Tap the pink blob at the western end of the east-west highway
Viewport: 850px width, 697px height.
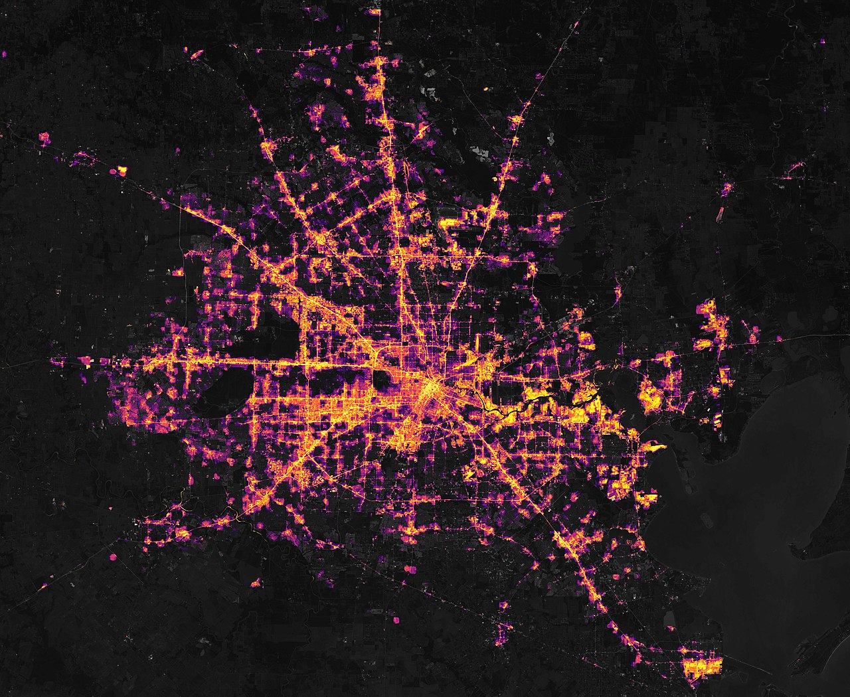pyautogui.click(x=85, y=361)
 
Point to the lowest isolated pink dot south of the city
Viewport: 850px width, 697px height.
pyautogui.click(x=397, y=620)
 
